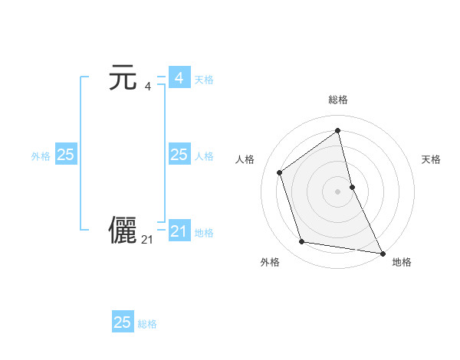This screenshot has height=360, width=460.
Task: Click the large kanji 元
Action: coord(123,78)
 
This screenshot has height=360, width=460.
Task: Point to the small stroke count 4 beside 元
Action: coord(148,86)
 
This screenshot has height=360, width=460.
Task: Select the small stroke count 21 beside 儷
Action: coord(147,240)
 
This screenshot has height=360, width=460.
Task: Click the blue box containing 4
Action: coord(179,78)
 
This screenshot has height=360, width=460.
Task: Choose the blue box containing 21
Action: coord(179,231)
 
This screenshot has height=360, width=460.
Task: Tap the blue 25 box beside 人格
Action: coord(179,155)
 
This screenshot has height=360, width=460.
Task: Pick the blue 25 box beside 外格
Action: coord(65,155)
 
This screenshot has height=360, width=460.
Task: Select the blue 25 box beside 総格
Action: coord(123,322)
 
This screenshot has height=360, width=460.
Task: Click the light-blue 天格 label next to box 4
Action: coord(204,80)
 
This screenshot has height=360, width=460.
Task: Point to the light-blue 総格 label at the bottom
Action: coord(147,324)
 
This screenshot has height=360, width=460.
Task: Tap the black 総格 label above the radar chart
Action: coord(338,100)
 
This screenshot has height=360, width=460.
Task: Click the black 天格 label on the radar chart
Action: coord(431,159)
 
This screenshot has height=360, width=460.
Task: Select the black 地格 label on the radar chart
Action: coord(402,262)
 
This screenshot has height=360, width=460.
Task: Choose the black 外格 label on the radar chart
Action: coord(270,262)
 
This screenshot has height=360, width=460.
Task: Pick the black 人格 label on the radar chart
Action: coord(245,159)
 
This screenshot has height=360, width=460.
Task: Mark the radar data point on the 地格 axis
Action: coord(383,253)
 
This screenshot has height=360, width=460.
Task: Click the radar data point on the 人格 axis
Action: coord(280,172)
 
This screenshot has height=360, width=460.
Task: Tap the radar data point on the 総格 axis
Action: coord(338,131)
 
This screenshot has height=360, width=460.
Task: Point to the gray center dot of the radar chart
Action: coord(338,191)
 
